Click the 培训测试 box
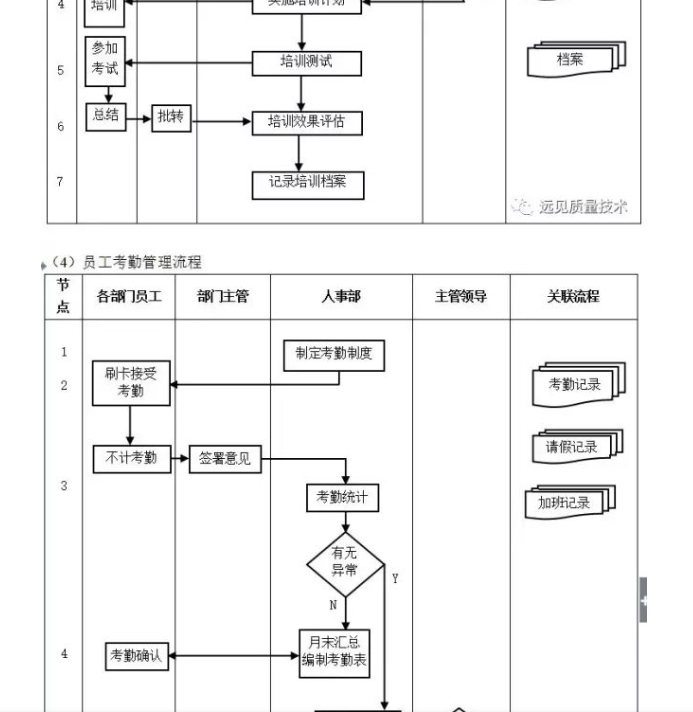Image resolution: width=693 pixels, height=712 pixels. (x=306, y=63)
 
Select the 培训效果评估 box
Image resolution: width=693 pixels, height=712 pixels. (x=306, y=123)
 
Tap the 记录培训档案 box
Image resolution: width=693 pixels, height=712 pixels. (x=307, y=183)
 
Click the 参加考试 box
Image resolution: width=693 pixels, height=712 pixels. (x=105, y=59)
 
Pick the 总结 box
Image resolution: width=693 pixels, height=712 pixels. (x=105, y=116)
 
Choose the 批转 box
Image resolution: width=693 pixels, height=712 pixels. (x=171, y=118)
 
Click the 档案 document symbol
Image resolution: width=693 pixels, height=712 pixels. (x=573, y=60)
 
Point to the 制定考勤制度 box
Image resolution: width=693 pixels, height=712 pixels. (x=334, y=354)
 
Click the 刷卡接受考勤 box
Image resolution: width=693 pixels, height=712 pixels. (x=131, y=384)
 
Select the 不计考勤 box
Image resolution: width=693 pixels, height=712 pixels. (x=131, y=459)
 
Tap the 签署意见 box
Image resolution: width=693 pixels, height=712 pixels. (x=224, y=460)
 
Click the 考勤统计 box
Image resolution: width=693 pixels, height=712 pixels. (x=342, y=497)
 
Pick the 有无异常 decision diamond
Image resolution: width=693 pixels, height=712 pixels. (x=345, y=563)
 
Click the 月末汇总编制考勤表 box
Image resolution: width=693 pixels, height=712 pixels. (x=335, y=653)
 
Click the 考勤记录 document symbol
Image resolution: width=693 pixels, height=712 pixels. (x=575, y=385)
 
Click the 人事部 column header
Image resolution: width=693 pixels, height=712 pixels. (x=341, y=297)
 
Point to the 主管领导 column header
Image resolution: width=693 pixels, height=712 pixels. (x=461, y=297)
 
